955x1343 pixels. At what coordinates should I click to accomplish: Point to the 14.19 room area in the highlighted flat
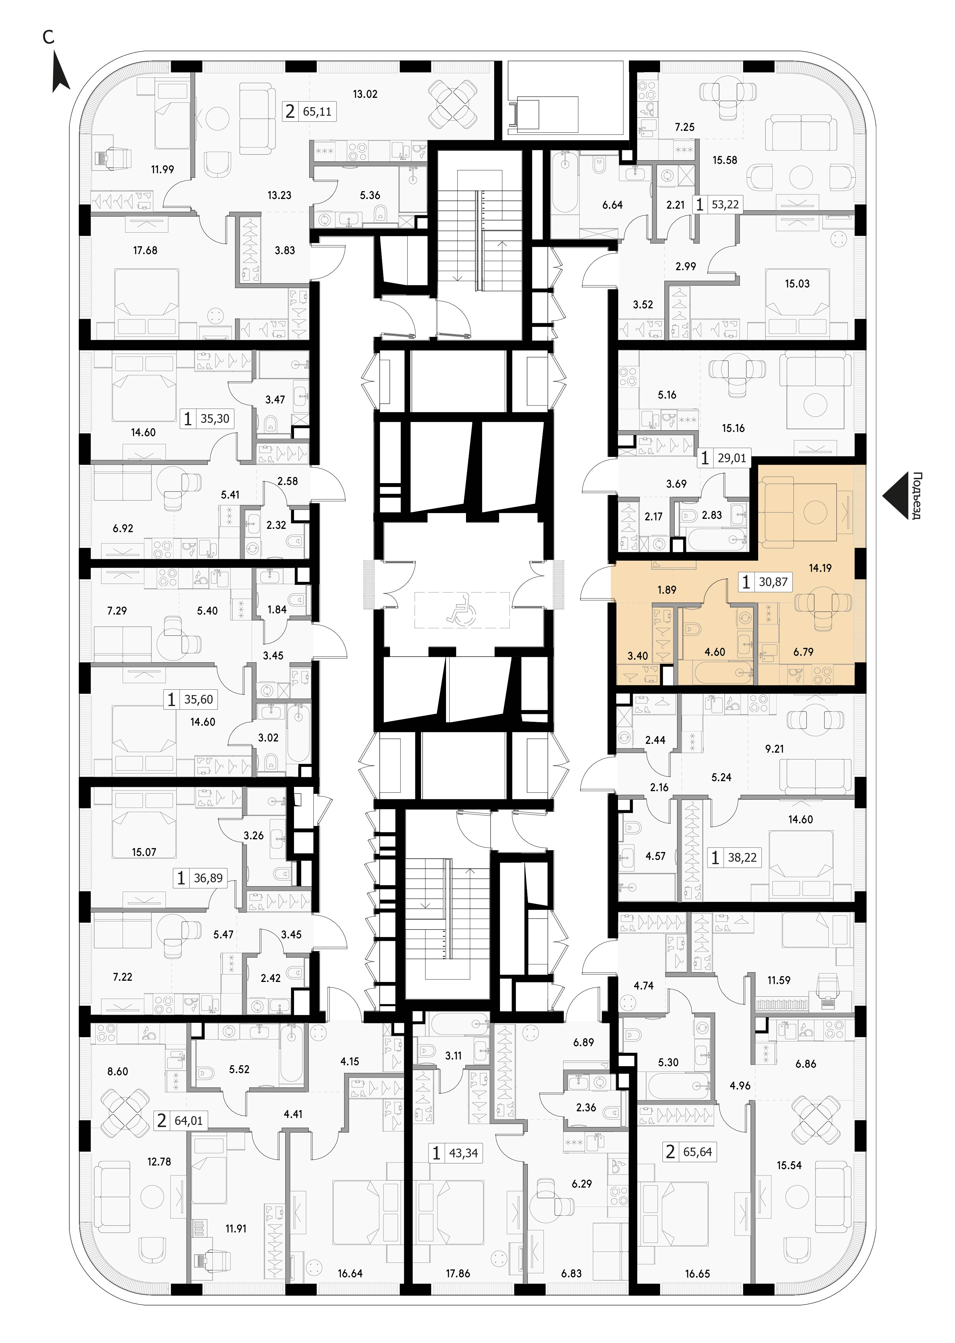[x=820, y=568]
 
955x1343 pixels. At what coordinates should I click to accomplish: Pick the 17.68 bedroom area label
[x=145, y=250]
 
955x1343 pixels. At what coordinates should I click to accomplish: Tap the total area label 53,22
[x=725, y=205]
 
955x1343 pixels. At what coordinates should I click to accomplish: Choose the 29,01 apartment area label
[x=732, y=458]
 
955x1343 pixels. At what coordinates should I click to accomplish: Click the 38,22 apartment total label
[x=742, y=858]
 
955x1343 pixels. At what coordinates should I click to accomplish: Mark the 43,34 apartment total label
[x=463, y=1153]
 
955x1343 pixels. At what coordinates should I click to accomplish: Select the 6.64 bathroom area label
[x=612, y=205]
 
